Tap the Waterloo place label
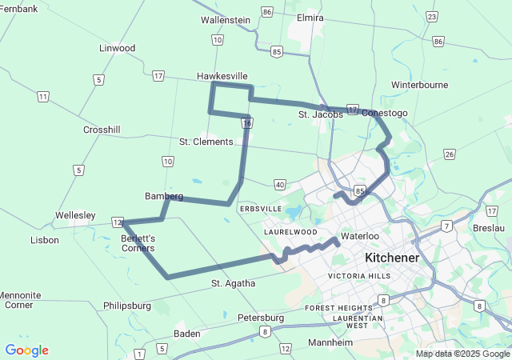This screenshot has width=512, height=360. [x=358, y=237]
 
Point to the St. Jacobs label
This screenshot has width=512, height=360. [x=321, y=114]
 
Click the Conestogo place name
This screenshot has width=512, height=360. [x=385, y=113]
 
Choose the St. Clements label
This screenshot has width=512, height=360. [x=206, y=142]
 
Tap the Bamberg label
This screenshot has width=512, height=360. [x=164, y=196]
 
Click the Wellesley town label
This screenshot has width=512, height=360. [x=75, y=215]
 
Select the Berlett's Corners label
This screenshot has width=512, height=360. [x=138, y=243]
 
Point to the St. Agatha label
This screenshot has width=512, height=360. [x=234, y=283]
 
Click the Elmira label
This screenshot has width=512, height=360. [x=310, y=18]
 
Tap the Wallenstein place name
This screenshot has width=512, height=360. [x=226, y=19]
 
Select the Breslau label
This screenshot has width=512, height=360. [x=488, y=228]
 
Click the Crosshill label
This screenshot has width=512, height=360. [x=102, y=130]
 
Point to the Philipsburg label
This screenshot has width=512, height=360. [x=127, y=306]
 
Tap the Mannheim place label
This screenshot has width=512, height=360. [x=330, y=342]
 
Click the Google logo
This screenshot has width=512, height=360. [x=26, y=350]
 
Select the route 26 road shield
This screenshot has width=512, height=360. [x=450, y=154]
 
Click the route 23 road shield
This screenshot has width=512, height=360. [x=433, y=17]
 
